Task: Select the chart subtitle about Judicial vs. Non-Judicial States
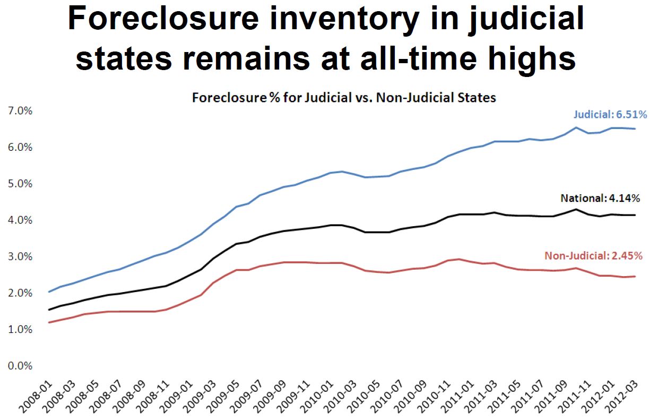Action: [344, 98]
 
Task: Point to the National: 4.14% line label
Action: [600, 198]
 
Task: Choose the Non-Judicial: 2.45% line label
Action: [594, 255]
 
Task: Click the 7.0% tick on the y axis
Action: [19, 110]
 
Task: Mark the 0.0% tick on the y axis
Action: [19, 366]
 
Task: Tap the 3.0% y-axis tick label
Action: [19, 256]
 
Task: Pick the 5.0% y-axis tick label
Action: [19, 184]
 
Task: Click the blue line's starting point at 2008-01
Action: [49, 292]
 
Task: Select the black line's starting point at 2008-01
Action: [49, 310]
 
